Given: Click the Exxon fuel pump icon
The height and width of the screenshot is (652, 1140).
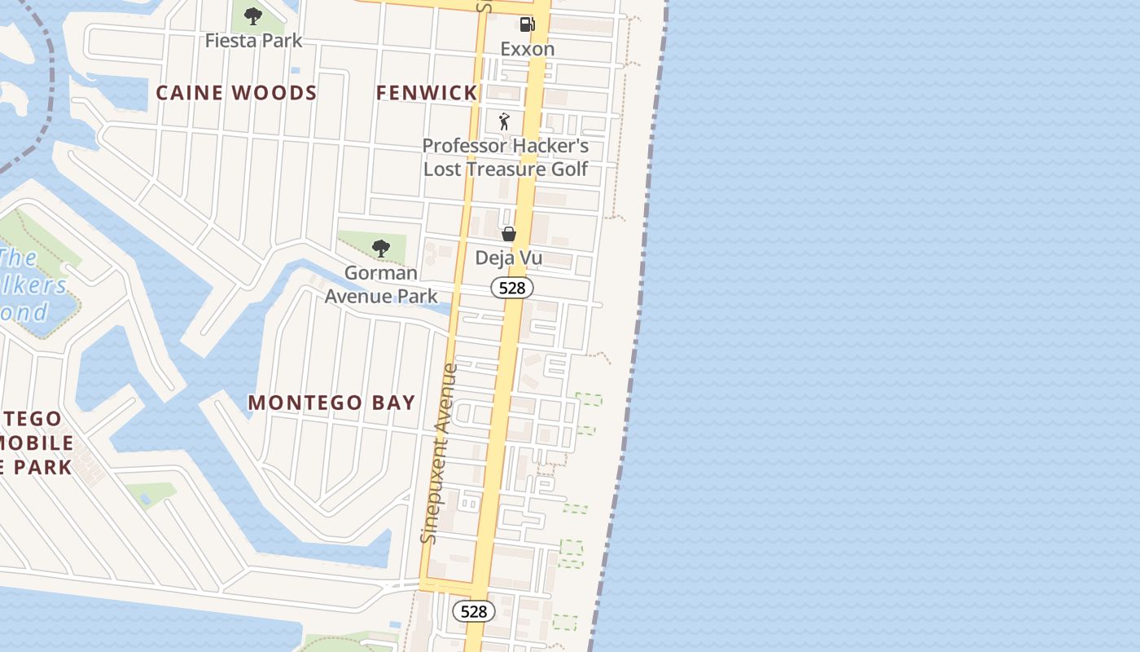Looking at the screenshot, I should [x=527, y=25].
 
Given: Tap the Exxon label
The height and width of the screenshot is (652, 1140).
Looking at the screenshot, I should [x=527, y=49].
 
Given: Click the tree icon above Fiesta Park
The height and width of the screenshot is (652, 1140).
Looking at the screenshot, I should [x=253, y=15].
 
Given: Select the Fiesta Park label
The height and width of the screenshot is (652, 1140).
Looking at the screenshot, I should [x=253, y=40].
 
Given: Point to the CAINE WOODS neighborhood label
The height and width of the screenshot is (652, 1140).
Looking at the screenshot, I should [x=236, y=93].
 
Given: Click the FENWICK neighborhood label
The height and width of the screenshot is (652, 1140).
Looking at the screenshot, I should [x=427, y=93].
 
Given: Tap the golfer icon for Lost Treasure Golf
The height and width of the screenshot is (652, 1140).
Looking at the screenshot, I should [x=505, y=122].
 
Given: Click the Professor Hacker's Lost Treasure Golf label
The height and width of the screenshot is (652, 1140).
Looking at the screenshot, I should [x=505, y=157].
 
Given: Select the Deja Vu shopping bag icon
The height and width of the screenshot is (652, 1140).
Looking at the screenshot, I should [x=509, y=235].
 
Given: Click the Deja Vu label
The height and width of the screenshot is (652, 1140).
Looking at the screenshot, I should [x=509, y=258].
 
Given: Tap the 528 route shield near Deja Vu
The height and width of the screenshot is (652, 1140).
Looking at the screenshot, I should [x=512, y=288].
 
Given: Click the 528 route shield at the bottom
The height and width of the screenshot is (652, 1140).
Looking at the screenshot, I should [x=473, y=611].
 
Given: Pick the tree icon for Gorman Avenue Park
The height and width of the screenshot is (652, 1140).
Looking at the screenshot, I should [x=380, y=249].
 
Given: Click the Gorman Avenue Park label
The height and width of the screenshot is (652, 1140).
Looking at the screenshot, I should [x=381, y=284].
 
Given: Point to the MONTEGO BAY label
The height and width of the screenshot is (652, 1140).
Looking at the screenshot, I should [x=331, y=403].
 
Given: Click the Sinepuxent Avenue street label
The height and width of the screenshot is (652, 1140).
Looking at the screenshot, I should [x=440, y=454].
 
